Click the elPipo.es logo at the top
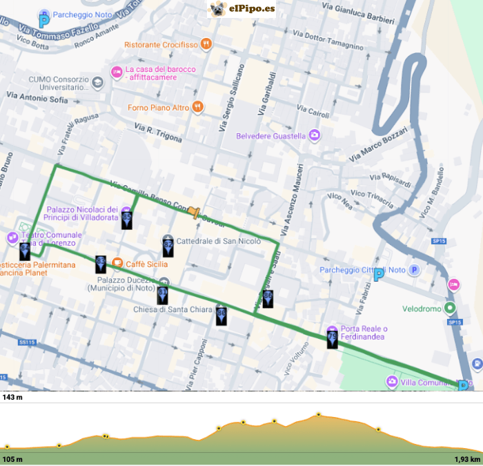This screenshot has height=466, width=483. [x=241, y=9]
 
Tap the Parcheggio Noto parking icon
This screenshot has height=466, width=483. [x=44, y=21]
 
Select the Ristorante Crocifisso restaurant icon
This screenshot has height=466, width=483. [x=206, y=45]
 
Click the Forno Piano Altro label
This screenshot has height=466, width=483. [x=158, y=108]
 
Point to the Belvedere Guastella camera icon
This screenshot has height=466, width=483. [x=315, y=135]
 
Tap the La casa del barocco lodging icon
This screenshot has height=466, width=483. [x=116, y=72]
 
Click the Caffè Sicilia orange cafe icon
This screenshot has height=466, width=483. [x=117, y=263]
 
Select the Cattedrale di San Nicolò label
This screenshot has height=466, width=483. [x=219, y=241]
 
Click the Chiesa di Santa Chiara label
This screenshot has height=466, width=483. [x=172, y=309]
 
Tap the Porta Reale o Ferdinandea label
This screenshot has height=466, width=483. [x=366, y=333]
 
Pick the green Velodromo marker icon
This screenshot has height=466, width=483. [x=450, y=308]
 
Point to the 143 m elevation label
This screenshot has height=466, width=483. [x=12, y=398]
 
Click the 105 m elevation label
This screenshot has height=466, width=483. [x=12, y=459]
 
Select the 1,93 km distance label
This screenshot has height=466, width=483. [x=466, y=459]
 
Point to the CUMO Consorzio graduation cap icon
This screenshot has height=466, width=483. [x=97, y=83]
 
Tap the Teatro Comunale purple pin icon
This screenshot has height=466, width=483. [x=12, y=238]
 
